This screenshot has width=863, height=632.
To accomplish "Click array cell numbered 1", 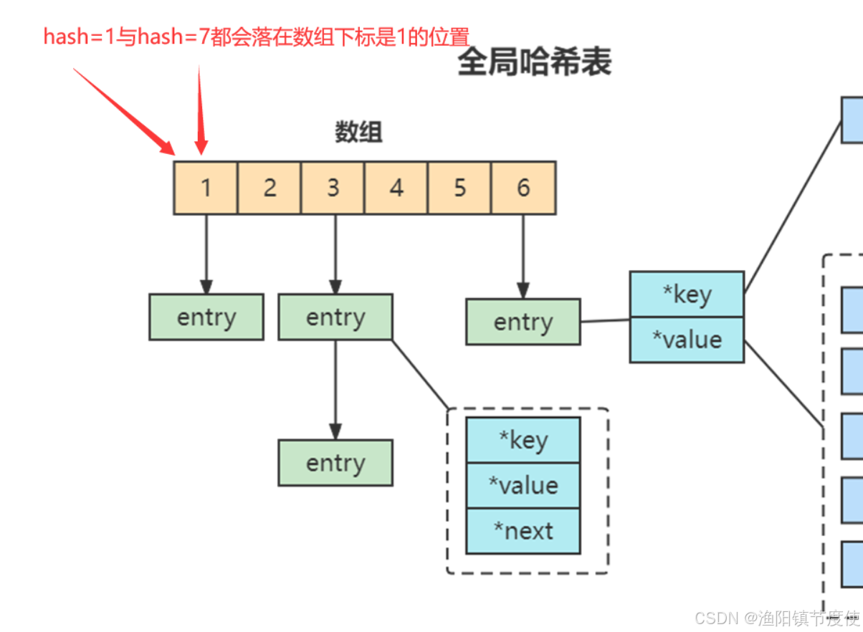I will click(x=206, y=188).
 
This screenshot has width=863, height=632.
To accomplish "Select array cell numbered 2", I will click(x=270, y=188).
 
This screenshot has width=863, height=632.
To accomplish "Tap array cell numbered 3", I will click(x=333, y=188).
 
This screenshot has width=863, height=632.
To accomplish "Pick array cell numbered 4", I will click(x=396, y=188).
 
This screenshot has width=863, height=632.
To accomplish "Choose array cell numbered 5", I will click(x=459, y=188).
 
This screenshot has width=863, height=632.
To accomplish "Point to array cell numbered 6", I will click(x=523, y=188).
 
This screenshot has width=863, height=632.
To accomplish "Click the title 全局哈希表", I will click(x=535, y=62).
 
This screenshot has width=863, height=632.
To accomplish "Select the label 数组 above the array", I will click(x=358, y=132).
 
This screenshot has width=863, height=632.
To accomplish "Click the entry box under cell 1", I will click(x=206, y=317).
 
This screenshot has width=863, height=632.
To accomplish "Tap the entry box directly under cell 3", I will click(x=335, y=317).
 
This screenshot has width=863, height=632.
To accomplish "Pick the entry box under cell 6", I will click(x=523, y=322).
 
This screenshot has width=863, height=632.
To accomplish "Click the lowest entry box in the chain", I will click(x=335, y=463).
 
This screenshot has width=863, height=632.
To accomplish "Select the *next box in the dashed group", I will click(x=523, y=531).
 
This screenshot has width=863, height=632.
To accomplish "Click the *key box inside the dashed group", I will click(x=523, y=440).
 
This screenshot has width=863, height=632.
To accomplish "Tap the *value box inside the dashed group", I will click(x=523, y=485).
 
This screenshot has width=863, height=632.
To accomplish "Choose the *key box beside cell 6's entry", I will click(x=687, y=294).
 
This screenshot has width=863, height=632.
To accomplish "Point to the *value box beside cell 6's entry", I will click(x=687, y=339).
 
